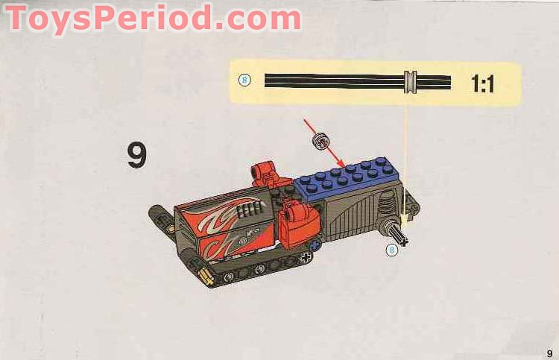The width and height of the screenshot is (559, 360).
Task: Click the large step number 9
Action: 136,154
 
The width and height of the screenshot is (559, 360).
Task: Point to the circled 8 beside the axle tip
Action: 392,250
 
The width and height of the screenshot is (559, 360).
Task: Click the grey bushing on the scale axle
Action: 410,81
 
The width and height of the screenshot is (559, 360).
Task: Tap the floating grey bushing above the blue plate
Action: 321,139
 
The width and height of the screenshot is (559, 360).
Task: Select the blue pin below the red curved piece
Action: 316,243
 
